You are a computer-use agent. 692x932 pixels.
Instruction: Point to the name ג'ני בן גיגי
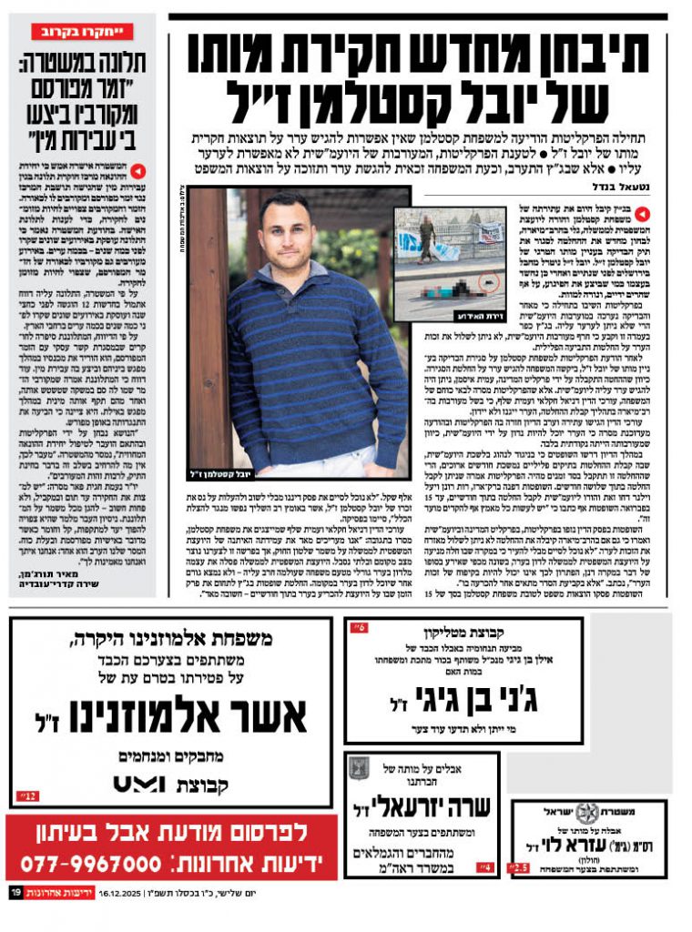click(464, 701)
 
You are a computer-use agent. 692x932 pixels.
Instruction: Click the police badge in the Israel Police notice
click(587, 812)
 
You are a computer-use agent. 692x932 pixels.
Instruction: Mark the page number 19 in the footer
click(15, 894)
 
